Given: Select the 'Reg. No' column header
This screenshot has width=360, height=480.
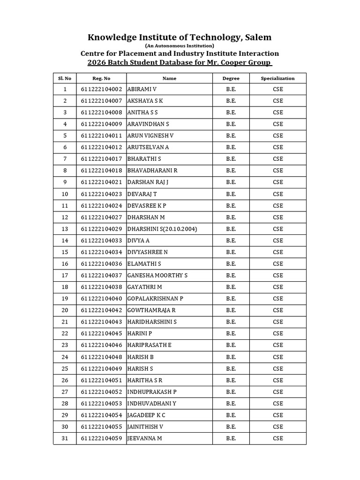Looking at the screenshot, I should point(101,78).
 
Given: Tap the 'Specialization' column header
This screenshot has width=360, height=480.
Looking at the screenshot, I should point(277,78).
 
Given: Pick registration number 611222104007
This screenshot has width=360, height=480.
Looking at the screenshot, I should point(101,101).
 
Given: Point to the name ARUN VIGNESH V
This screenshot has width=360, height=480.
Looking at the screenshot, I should point(150,135).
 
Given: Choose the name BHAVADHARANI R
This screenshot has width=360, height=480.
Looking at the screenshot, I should point(152,171).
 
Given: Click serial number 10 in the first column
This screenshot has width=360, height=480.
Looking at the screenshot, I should point(65,194).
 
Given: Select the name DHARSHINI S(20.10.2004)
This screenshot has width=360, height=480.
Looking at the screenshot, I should point(162,229).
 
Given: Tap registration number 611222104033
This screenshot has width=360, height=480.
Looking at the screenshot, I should point(101,240).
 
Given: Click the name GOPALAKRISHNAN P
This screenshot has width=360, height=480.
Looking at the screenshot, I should point(155,299).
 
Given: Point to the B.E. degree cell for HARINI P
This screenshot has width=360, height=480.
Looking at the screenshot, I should point(231,333).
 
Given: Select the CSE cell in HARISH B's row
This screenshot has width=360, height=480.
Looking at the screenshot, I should point(278,357).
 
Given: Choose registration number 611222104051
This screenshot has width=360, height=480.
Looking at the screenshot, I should point(101,380).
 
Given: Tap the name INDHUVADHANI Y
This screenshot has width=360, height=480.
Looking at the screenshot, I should point(152,403).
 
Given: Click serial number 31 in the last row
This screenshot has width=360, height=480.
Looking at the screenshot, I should point(65,438).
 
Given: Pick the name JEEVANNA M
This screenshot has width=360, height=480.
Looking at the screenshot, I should point(144,438).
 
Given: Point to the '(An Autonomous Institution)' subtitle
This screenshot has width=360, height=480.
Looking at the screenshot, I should point(180,46).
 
